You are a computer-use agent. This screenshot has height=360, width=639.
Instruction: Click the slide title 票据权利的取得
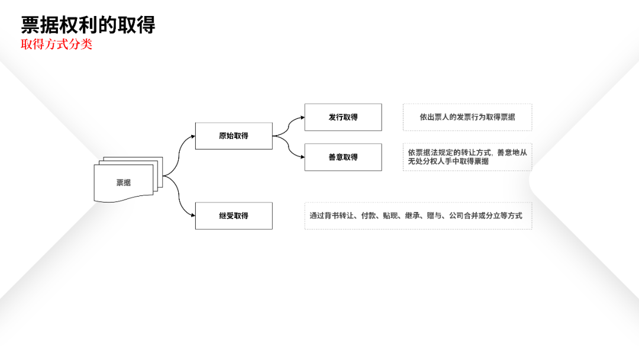(x=88, y=25)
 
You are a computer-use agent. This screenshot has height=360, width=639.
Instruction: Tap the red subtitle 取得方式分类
(x=57, y=44)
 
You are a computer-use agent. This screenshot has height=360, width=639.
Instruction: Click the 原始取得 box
(x=234, y=136)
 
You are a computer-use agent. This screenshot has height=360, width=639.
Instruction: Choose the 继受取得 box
(x=234, y=216)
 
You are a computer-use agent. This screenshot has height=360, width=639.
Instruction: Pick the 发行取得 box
(x=343, y=117)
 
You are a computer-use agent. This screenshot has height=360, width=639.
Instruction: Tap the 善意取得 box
(x=343, y=157)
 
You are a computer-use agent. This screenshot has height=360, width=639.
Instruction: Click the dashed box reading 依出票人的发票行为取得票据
(x=467, y=117)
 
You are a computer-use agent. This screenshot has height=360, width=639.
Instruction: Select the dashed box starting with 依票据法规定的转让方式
(x=467, y=157)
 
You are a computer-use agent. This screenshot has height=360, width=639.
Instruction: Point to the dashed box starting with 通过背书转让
(x=418, y=216)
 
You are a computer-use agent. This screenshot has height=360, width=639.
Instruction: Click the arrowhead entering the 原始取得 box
(x=192, y=136)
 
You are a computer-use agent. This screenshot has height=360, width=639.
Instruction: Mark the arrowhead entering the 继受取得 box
(x=192, y=216)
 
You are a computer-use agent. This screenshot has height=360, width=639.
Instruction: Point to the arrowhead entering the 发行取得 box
(x=302, y=117)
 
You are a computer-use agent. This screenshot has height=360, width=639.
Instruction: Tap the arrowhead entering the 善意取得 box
(x=302, y=157)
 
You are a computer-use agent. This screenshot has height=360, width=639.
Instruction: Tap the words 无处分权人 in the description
(x=426, y=161)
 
